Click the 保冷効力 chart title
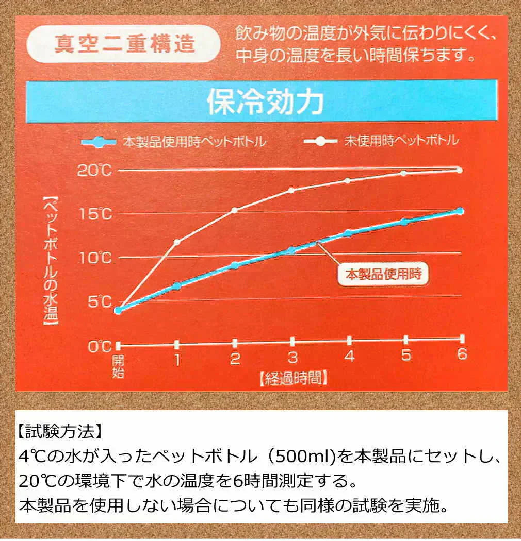pyautogui.click(x=265, y=102)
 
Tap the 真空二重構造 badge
pyautogui.click(x=124, y=44)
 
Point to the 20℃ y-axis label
pyautogui.click(x=94, y=170)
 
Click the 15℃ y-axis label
pyautogui.click(x=94, y=214)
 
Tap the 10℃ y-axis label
pyautogui.click(x=94, y=258)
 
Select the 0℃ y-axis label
pyautogui.click(x=99, y=346)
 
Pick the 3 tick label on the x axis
pyautogui.click(x=292, y=358)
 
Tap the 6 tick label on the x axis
pyautogui.click(x=461, y=355)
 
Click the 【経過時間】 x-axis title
pyautogui.click(x=292, y=379)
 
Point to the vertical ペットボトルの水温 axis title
pyautogui.click(x=51, y=261)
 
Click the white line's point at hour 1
pyautogui.click(x=177, y=242)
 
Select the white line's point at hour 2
pyautogui.click(x=234, y=210)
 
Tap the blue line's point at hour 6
pyautogui.click(x=460, y=211)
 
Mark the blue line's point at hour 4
pyautogui.click(x=348, y=233)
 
